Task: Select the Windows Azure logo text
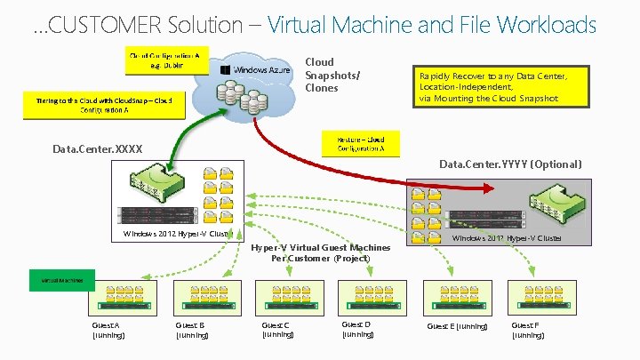tap(261, 70)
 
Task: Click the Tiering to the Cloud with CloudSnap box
tap(105, 105)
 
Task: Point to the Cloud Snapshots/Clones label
tap(321, 75)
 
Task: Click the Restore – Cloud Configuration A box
tap(361, 143)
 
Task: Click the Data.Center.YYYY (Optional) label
tap(510, 164)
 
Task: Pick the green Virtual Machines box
tap(61, 280)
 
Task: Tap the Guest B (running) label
tap(192, 331)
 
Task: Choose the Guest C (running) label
tap(277, 331)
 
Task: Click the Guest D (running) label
tap(357, 330)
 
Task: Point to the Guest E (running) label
tap(457, 326)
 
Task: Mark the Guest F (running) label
tap(527, 331)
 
